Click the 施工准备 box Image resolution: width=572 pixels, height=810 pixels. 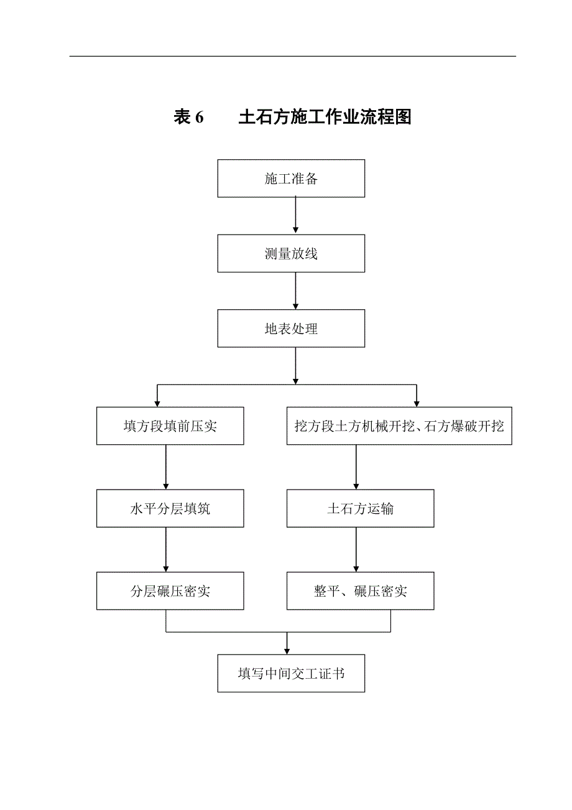point(291,179)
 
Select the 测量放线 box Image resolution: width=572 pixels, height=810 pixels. point(291,254)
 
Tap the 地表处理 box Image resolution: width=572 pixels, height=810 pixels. point(291,328)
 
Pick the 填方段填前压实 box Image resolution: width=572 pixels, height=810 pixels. point(170,426)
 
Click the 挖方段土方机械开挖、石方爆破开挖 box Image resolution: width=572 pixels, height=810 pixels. point(399,426)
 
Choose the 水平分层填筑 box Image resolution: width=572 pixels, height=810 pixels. point(170,509)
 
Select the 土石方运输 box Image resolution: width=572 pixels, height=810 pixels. point(360,509)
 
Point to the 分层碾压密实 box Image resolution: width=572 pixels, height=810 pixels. point(170,591)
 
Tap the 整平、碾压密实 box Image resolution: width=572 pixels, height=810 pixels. point(360,591)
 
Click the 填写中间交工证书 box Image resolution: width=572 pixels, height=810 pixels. point(291,673)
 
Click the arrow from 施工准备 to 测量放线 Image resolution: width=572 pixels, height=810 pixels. point(295,216)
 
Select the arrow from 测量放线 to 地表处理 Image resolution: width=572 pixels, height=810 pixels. point(295,291)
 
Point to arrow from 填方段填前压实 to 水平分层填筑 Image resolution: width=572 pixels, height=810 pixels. point(166,467)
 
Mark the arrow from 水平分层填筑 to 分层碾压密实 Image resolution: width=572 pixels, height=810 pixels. point(166,549)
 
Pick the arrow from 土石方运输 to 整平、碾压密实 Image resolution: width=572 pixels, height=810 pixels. point(356,549)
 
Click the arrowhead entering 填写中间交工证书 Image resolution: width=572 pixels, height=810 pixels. point(287,649)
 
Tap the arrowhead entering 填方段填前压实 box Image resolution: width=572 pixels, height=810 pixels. point(158,403)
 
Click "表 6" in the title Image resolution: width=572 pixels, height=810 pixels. point(189,117)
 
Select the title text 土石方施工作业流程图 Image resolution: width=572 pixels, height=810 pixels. point(325,117)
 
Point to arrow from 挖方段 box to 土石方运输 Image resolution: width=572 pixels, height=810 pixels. point(356,467)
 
